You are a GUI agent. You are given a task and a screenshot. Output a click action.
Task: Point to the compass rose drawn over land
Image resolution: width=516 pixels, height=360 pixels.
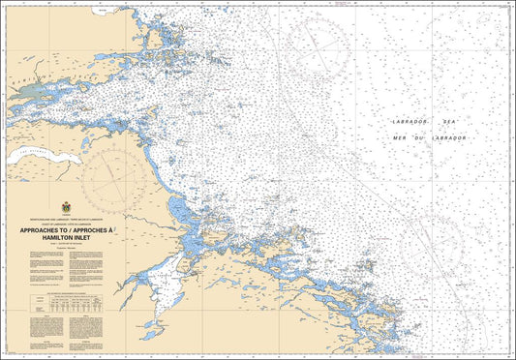[x=114, y=174]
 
